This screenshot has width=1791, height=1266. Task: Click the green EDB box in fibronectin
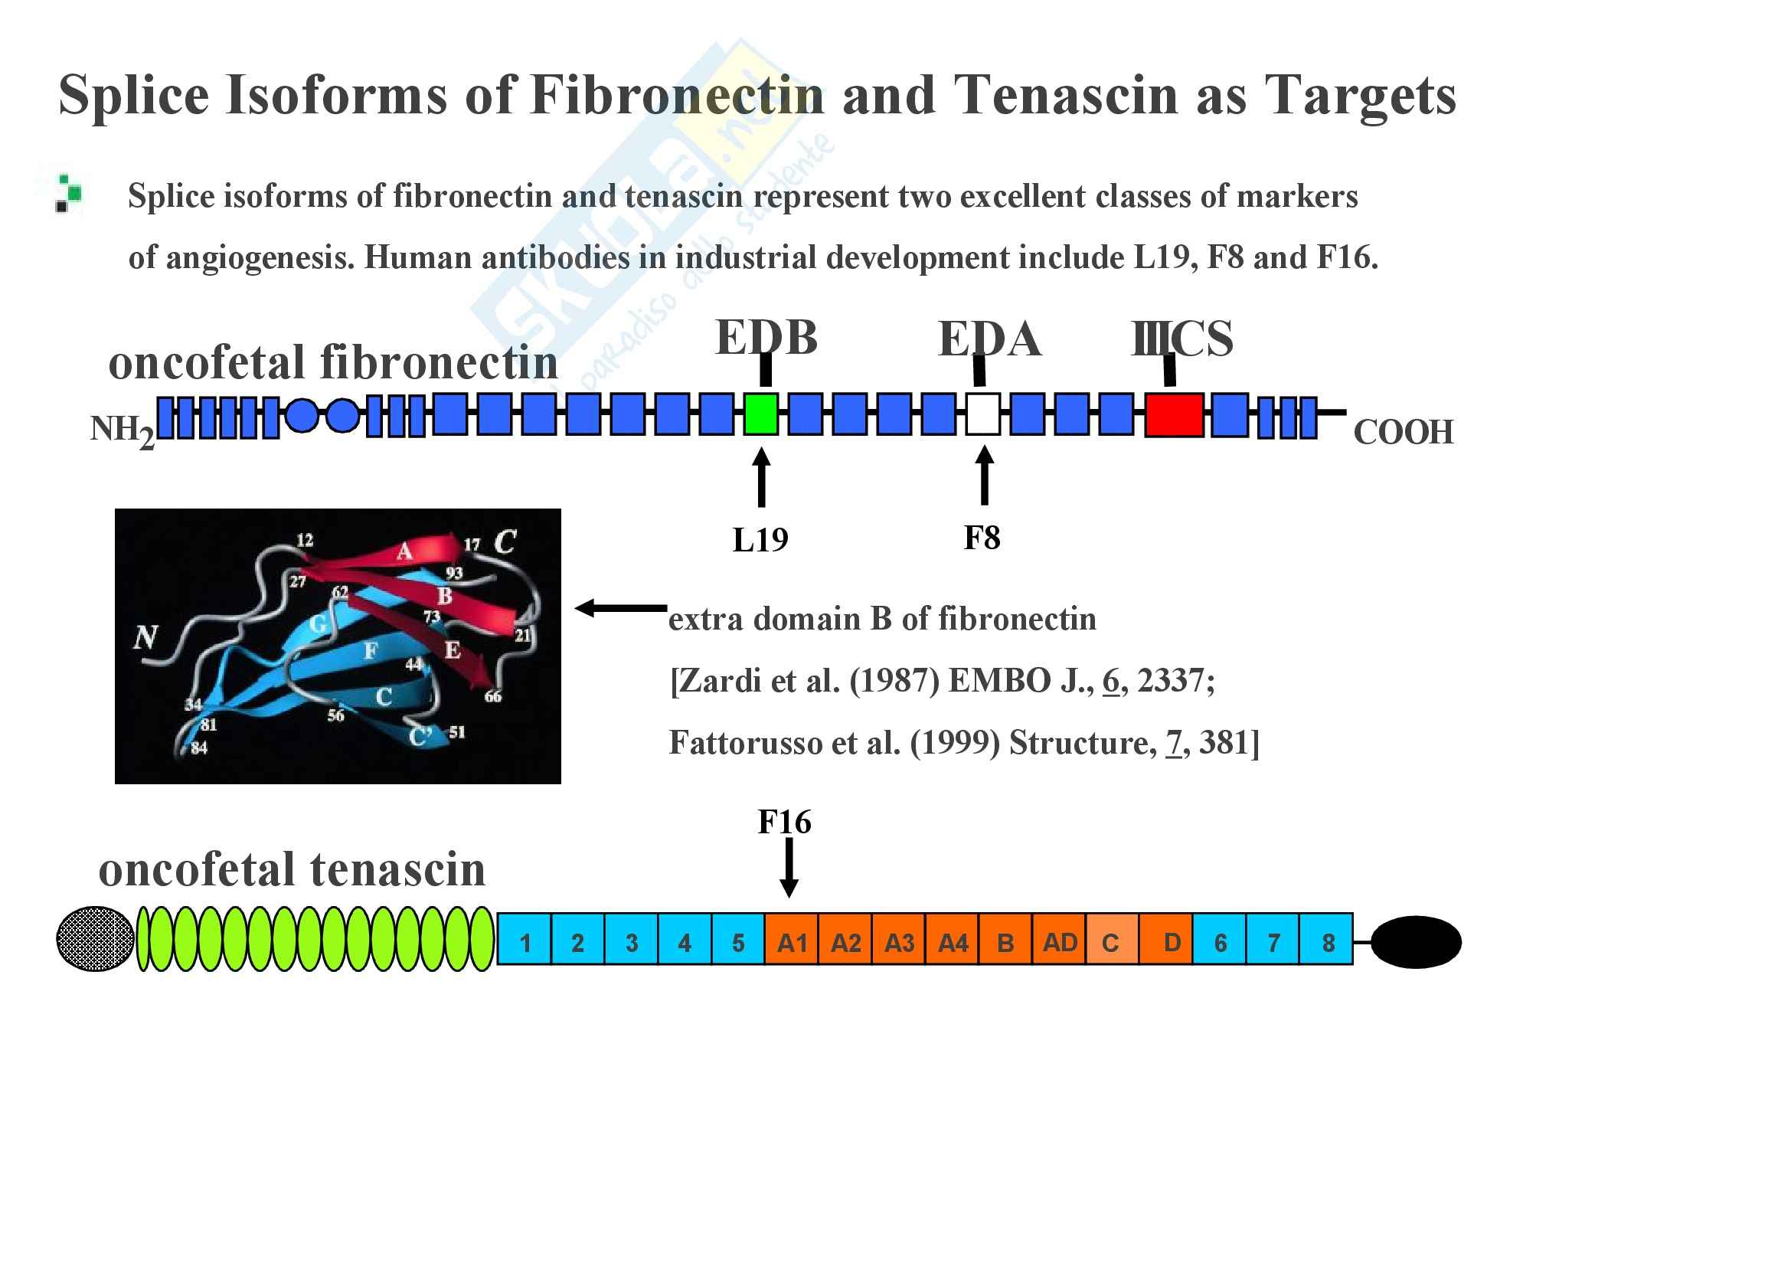pos(760,414)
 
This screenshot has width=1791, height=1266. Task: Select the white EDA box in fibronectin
pos(983,414)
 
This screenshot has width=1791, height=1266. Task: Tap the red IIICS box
pos(1173,415)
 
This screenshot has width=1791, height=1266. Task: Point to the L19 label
pos(760,540)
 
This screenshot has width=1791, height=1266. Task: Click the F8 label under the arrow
pos(982,538)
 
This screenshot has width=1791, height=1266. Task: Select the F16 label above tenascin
pos(784,822)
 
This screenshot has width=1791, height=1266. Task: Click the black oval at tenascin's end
pos(1415,942)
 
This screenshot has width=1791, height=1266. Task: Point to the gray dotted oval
pos(95,938)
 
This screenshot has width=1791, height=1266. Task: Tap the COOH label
pos(1404,432)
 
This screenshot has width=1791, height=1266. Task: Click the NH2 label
pos(122,430)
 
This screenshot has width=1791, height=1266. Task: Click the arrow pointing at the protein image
pos(621,608)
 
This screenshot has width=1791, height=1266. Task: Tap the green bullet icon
pos(69,193)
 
